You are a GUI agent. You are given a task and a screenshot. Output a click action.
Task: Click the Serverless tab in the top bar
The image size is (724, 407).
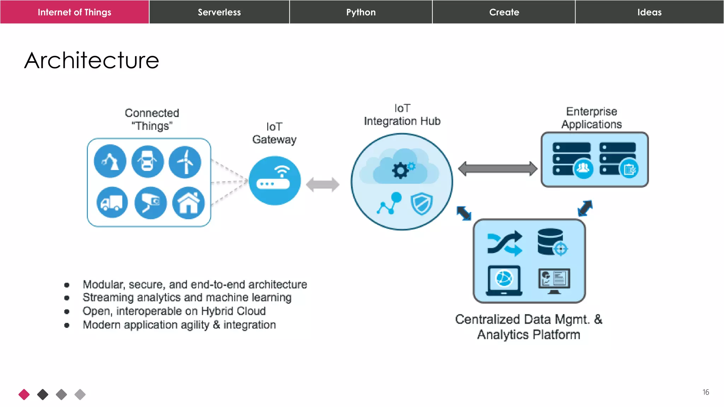click(x=219, y=12)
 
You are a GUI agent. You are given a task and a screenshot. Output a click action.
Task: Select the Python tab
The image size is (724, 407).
click(x=361, y=12)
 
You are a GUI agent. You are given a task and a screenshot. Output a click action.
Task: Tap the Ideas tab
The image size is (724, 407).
click(x=649, y=12)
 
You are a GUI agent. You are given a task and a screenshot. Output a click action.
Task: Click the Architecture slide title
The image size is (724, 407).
click(x=92, y=60)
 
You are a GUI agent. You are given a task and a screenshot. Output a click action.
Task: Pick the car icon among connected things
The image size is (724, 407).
click(x=147, y=162)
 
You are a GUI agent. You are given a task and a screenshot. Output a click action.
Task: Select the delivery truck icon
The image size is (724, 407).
click(x=112, y=203)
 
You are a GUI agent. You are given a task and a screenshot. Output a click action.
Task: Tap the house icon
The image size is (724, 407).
click(x=188, y=203)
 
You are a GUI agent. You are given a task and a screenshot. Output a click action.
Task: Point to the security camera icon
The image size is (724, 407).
click(x=151, y=203)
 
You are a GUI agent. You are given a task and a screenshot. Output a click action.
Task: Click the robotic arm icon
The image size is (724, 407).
click(x=110, y=161)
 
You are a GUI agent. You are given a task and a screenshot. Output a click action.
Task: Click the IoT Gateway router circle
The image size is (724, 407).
click(x=275, y=181)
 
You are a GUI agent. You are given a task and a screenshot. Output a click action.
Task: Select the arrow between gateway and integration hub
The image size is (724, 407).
click(x=322, y=184)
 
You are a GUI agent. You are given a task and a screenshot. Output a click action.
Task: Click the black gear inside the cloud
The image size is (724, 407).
click(x=400, y=171)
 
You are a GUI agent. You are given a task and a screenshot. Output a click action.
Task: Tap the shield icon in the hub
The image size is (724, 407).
click(x=421, y=204)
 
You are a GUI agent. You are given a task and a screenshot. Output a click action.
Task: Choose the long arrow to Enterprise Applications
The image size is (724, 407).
click(x=497, y=169)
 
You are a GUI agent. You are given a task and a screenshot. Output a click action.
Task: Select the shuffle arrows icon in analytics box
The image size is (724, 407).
click(x=504, y=243)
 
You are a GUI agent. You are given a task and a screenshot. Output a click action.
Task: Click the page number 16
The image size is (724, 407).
click(x=706, y=392)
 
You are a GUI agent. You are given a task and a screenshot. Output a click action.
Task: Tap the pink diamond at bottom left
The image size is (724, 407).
click(x=24, y=394)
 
